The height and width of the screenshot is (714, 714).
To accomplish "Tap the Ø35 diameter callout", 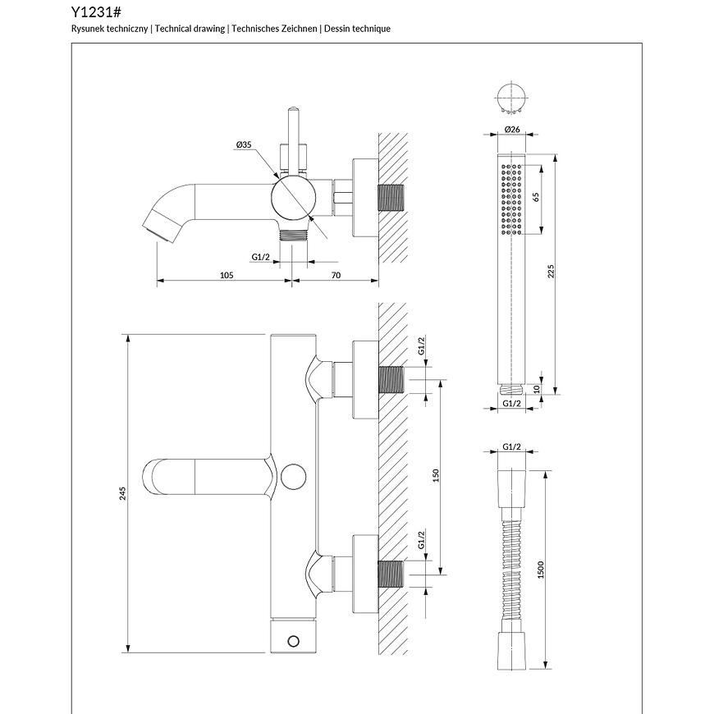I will tap(243, 144).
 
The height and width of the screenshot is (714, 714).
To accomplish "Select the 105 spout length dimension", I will tap(227, 275).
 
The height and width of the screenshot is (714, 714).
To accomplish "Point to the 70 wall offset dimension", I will tap(336, 275).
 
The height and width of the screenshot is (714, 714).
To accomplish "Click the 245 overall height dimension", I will tap(123, 493).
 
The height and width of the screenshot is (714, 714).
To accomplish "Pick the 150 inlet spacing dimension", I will tap(437, 476).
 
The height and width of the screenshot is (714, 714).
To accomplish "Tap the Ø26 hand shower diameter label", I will tap(512, 130).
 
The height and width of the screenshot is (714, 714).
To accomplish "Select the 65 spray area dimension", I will tap(536, 198).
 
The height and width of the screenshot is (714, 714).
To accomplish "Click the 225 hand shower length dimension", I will tap(552, 272).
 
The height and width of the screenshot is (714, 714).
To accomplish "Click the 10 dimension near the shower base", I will tap(536, 389).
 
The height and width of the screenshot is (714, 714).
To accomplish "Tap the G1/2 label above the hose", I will tap(512, 446).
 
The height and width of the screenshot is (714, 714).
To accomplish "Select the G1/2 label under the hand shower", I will tap(512, 403).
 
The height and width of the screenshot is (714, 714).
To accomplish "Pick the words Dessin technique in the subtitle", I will tap(357, 29).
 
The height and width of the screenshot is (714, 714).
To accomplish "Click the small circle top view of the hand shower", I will tap(511, 96).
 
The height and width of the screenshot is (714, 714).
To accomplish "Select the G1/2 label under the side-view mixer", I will tap(261, 257).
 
